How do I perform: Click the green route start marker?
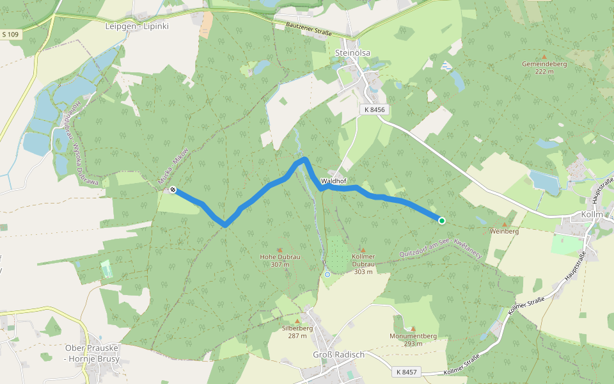point(441,221)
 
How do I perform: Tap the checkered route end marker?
point(173,189)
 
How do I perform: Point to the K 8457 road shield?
point(406,372)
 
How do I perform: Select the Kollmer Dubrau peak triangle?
point(363,250)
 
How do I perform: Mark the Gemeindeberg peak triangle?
point(544,57)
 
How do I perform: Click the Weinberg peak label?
point(504,231)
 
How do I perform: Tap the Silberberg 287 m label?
point(297,332)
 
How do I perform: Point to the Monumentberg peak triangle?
point(413,328)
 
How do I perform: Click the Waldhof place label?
point(333,181)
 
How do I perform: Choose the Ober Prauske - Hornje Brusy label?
point(92,353)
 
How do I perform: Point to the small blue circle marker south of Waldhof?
point(327,274)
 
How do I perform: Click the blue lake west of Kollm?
point(544,182)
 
